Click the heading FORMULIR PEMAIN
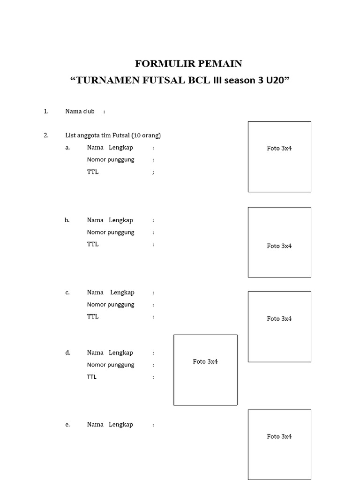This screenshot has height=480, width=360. coord(188,64)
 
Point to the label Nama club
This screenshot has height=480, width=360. coord(80,111)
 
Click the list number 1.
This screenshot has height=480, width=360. coord(46,111)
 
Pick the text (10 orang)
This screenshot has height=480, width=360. coord(146,135)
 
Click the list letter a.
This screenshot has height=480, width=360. coord(67,147)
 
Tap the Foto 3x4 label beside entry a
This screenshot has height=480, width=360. coord(279,148)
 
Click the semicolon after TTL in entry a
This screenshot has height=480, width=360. coord(153,172)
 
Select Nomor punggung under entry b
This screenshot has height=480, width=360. coord(111,232)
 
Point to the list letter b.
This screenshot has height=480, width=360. coord(67,220)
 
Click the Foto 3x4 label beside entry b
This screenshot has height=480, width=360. coord(279,246)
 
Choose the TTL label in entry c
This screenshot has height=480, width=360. coord(93,316)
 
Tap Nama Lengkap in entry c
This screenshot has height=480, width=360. coord(111,292)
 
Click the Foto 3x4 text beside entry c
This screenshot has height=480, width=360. coord(279,318)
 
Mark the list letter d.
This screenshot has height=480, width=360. coord(67,352)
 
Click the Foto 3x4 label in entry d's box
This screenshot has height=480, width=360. coord(205,361)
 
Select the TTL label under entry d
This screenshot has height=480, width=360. coord(91,377)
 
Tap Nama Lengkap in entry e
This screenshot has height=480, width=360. coord(110,424)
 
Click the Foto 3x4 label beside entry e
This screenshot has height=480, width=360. coord(279,436)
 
